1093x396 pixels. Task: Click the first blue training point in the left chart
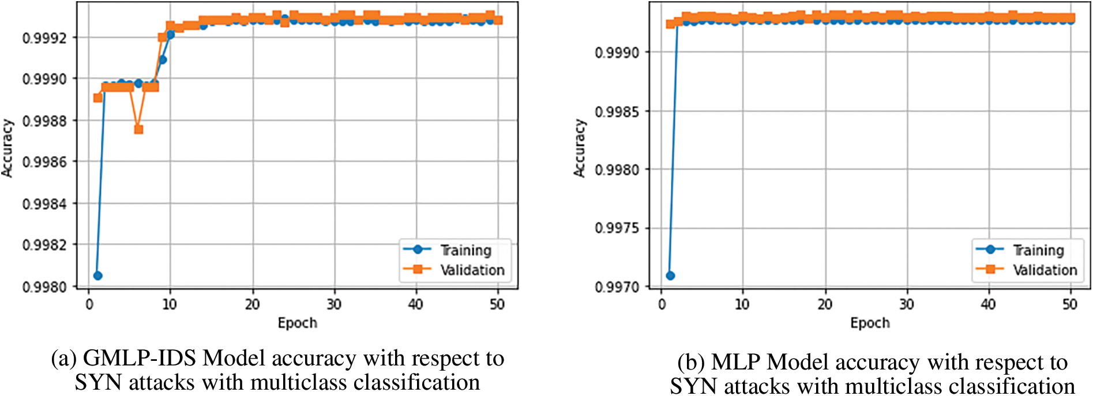click(x=97, y=276)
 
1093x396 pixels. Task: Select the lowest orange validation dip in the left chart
click(x=138, y=130)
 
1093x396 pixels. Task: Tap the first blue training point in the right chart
click(x=670, y=276)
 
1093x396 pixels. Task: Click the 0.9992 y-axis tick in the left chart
click(x=44, y=38)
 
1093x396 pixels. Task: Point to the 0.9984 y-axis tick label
click(x=44, y=204)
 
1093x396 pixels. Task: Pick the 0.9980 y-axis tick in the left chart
click(x=44, y=286)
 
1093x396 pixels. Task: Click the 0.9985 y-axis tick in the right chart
click(x=617, y=111)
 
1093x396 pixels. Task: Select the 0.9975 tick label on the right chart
click(x=617, y=228)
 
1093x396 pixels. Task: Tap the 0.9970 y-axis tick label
click(x=617, y=286)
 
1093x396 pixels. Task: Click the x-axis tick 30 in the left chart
click(x=334, y=304)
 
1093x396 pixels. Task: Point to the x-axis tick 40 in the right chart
click(x=988, y=304)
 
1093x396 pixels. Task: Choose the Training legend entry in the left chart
click(x=465, y=250)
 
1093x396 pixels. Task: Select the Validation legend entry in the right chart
click(x=1045, y=270)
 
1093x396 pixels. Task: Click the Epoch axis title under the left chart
click(x=297, y=323)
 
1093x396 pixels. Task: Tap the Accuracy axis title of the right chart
click(x=579, y=148)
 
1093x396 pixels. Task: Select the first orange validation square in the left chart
click(x=98, y=97)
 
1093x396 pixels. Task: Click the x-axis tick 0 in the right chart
click(x=662, y=304)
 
